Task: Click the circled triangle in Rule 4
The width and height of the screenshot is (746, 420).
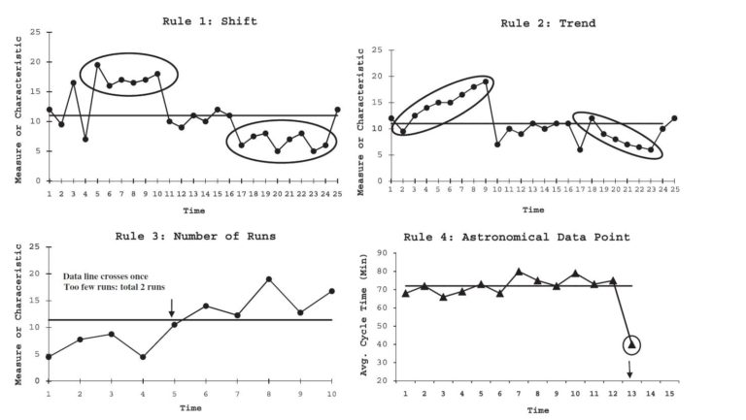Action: click(x=631, y=344)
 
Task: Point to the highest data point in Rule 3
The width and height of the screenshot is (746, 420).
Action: click(x=267, y=279)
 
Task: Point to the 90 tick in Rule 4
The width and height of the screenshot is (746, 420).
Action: click(x=383, y=253)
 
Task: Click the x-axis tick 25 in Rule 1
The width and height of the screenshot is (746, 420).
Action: click(x=337, y=194)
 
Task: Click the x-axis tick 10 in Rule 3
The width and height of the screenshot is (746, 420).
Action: click(x=331, y=393)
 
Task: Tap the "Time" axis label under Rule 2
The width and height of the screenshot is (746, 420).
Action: click(x=532, y=210)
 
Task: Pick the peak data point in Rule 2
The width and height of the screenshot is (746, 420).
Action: click(x=485, y=81)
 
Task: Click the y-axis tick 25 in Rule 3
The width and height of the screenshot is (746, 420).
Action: click(x=36, y=247)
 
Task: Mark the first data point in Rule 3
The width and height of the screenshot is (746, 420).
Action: click(x=49, y=356)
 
